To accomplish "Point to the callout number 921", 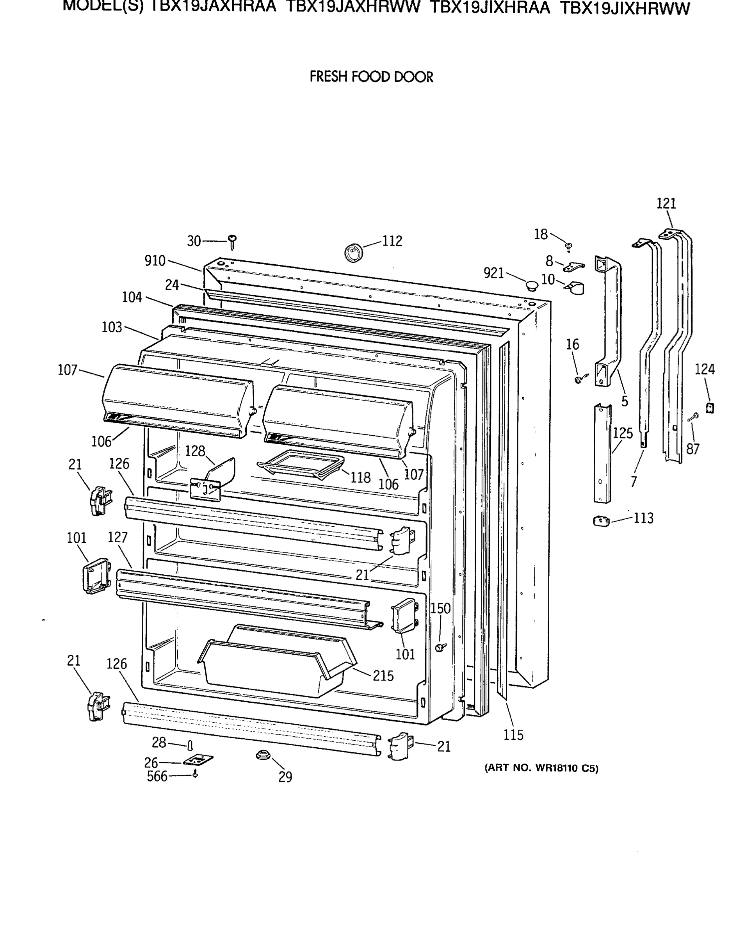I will (x=494, y=273).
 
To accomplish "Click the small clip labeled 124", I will (x=709, y=408).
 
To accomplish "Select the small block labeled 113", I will (x=601, y=521).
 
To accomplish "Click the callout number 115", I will (x=513, y=735).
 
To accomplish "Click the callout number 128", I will (x=195, y=451).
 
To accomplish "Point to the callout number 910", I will (x=155, y=260).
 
